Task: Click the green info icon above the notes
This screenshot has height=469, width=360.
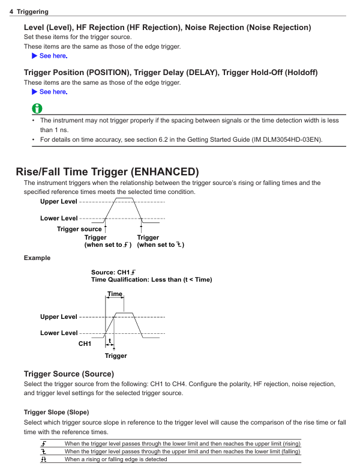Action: point(37,109)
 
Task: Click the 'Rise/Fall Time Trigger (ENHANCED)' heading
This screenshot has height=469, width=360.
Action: point(107,172)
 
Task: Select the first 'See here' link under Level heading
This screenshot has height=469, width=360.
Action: point(53,56)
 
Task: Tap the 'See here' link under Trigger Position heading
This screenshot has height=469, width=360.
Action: point(53,92)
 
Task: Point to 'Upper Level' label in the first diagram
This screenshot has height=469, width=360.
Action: point(58,202)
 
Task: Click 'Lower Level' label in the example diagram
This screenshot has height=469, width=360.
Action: point(58,333)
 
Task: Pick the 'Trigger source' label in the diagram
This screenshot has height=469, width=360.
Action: point(79,229)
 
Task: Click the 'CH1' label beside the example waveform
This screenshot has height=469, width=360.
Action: point(85,343)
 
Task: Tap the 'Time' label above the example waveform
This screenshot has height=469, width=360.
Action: point(115,294)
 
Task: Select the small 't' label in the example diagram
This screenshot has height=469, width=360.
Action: point(110,340)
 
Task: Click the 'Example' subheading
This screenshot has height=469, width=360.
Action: point(37,258)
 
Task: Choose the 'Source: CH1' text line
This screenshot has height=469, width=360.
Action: point(113,272)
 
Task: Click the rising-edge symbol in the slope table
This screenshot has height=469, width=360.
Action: point(44,444)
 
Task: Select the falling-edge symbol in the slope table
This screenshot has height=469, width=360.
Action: point(44,452)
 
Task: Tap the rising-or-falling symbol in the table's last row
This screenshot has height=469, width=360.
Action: point(44,459)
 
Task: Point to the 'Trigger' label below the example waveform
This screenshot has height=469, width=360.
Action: point(116,356)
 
